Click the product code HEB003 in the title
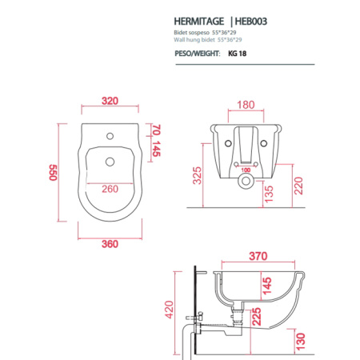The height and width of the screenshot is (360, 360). coord(250,22)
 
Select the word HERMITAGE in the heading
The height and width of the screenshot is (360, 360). coord(199,22)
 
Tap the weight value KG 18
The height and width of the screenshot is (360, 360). coord(237,54)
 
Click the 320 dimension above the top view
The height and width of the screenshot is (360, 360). coord(110,101)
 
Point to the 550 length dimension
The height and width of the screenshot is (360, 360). coord(53,173)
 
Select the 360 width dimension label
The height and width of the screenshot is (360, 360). coord(110,244)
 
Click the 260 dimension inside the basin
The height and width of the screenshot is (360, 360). coord(110,189)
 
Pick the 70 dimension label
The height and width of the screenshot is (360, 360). coord(156,130)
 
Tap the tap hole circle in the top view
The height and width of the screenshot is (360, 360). coord(110,136)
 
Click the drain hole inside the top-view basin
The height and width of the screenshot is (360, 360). coord(110,162)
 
